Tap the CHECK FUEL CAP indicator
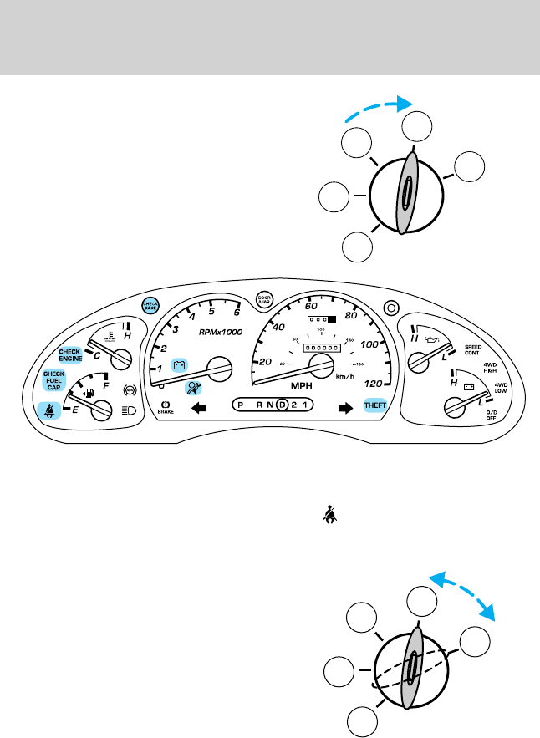point(54,381)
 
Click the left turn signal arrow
point(199,408)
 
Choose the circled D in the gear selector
point(283,406)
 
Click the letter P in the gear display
point(241,406)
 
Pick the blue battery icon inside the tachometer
point(179,364)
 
